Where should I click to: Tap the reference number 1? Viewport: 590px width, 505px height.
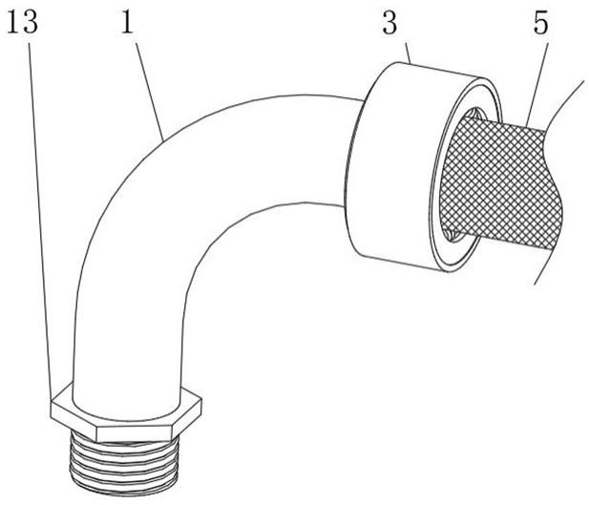[127, 23]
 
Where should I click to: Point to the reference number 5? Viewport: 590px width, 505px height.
[541, 23]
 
